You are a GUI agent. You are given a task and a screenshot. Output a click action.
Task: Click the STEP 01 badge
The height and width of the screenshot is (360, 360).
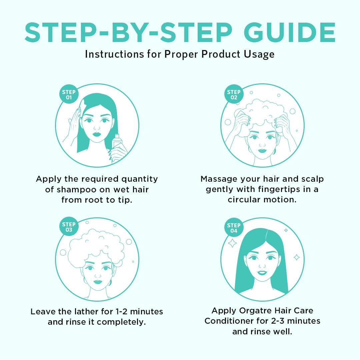pos(69,94)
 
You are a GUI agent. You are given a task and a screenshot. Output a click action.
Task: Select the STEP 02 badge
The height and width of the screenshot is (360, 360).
pos(234,94)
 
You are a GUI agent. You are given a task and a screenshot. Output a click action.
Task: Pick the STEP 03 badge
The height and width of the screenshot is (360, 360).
pos(69,227)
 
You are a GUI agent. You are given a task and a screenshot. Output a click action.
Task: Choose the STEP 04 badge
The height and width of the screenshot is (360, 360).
pos(234,228)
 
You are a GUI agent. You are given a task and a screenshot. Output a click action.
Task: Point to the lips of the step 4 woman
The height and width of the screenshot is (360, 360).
pos(262,273)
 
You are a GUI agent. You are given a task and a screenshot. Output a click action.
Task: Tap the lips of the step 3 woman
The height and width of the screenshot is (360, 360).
pos(98,281)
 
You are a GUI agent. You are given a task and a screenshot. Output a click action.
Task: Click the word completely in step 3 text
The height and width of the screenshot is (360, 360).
pos(121,322)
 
